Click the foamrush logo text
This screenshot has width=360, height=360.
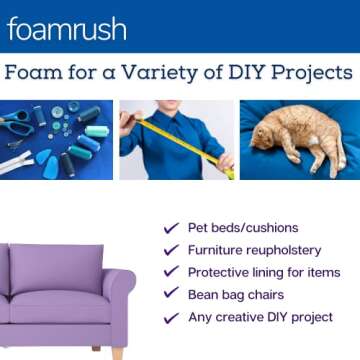[x=66, y=29]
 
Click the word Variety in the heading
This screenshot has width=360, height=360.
[x=157, y=73]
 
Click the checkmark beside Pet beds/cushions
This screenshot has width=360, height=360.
[x=170, y=229]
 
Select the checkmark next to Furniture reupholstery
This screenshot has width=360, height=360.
[x=170, y=250]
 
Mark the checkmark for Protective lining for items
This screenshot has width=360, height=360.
[x=170, y=272]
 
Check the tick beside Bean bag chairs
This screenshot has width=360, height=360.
[x=170, y=294]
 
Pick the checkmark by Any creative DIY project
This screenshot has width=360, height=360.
[x=170, y=316]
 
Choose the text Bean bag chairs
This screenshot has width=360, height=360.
[x=236, y=294]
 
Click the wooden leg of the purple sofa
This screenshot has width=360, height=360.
[x=119, y=352]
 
